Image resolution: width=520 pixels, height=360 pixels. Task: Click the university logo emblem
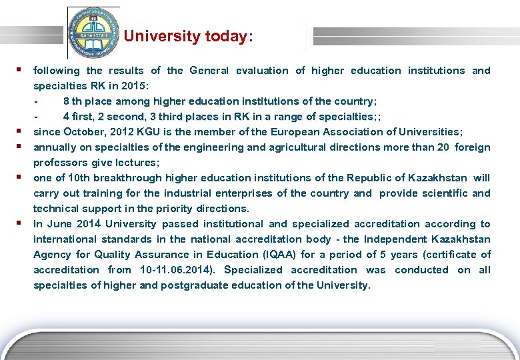click(93, 33)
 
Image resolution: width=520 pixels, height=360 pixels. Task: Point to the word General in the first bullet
click(209, 71)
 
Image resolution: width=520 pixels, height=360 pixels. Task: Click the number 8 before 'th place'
click(66, 101)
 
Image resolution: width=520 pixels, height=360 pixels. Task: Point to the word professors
click(57, 163)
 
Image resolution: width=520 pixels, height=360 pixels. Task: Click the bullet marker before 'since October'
click(21, 131)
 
